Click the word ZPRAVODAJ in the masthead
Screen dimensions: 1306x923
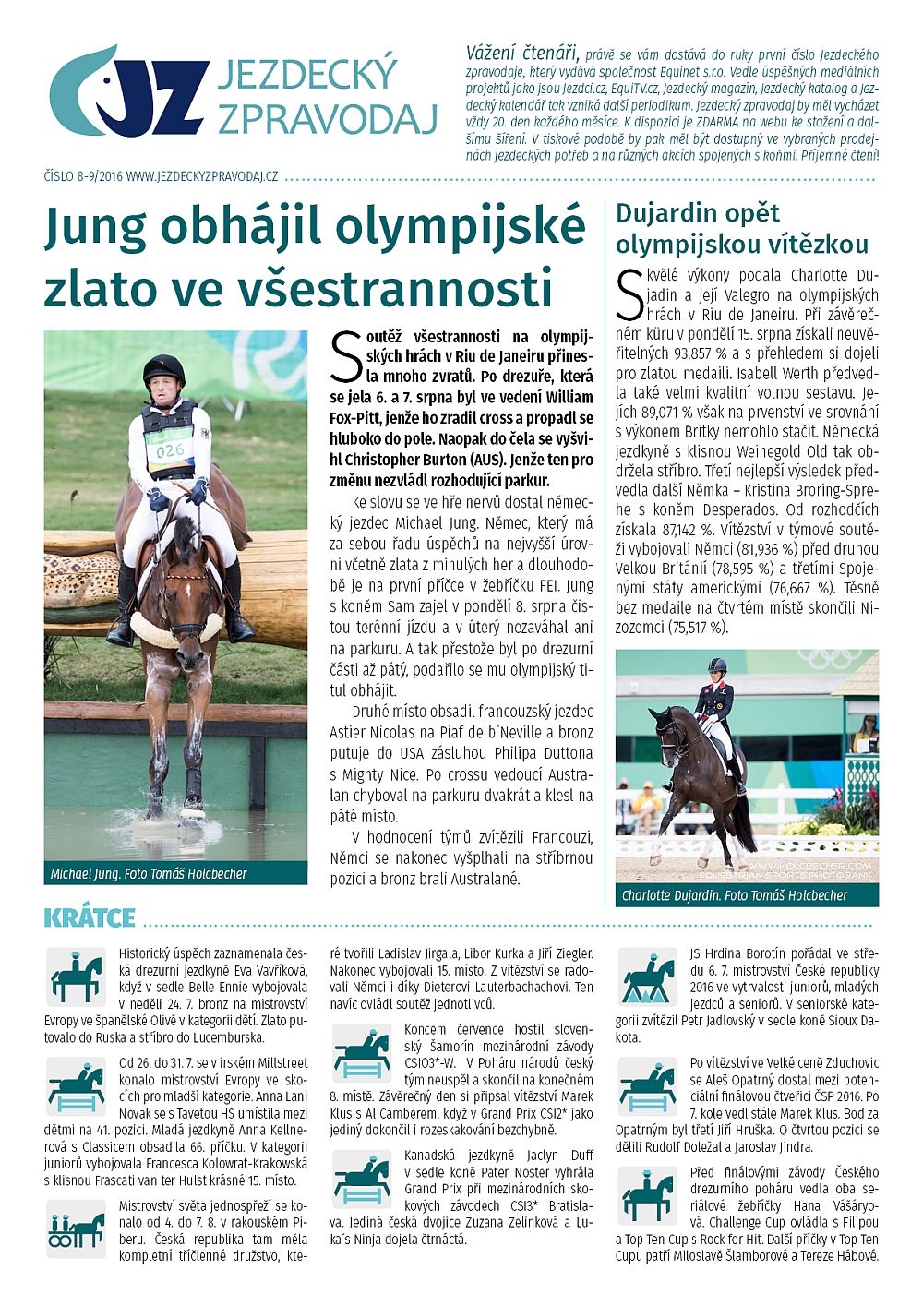[327, 118]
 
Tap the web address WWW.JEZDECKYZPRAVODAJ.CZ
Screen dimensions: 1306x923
[202, 175]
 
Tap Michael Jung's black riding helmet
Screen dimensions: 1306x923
[163, 368]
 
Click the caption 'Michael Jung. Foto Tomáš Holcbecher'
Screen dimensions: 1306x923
[149, 873]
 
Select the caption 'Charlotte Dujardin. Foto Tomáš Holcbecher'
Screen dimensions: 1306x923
[734, 894]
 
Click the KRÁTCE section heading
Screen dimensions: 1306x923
[90, 918]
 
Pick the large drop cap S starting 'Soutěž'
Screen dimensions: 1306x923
[344, 357]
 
